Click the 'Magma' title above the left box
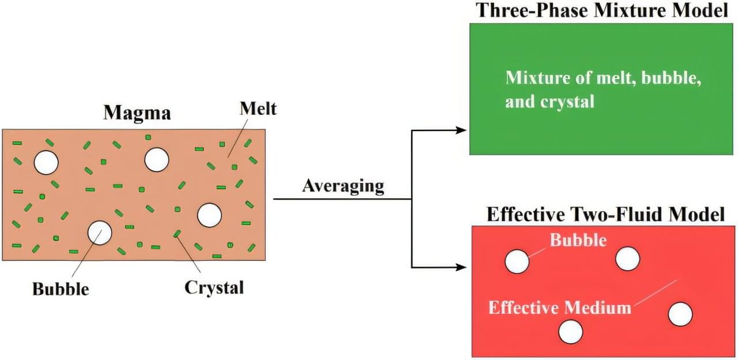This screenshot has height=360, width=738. pyautogui.click(x=137, y=112)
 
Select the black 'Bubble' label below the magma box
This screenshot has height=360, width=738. pyautogui.click(x=61, y=288)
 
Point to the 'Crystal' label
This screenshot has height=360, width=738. pyautogui.click(x=214, y=287)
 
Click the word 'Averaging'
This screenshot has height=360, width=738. pyautogui.click(x=343, y=186)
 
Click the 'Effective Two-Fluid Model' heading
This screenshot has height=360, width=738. pyautogui.click(x=605, y=215)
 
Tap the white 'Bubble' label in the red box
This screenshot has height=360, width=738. pyautogui.click(x=578, y=239)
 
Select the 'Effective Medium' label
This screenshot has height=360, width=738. pyautogui.click(x=559, y=307)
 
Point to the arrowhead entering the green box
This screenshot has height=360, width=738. pyautogui.click(x=461, y=130)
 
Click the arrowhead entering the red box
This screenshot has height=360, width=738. pyautogui.click(x=461, y=267)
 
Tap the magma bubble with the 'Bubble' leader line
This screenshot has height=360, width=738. pyautogui.click(x=99, y=232)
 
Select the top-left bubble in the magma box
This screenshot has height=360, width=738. pyautogui.click(x=46, y=163)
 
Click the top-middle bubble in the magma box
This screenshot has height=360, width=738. pyautogui.click(x=156, y=159)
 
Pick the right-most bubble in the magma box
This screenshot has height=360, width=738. pyautogui.click(x=209, y=215)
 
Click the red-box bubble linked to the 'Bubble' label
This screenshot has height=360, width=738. pyautogui.click(x=517, y=261)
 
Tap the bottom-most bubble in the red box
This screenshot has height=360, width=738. pyautogui.click(x=571, y=332)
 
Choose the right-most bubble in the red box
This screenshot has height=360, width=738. pyautogui.click(x=680, y=314)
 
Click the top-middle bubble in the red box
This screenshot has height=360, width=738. pyautogui.click(x=627, y=258)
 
